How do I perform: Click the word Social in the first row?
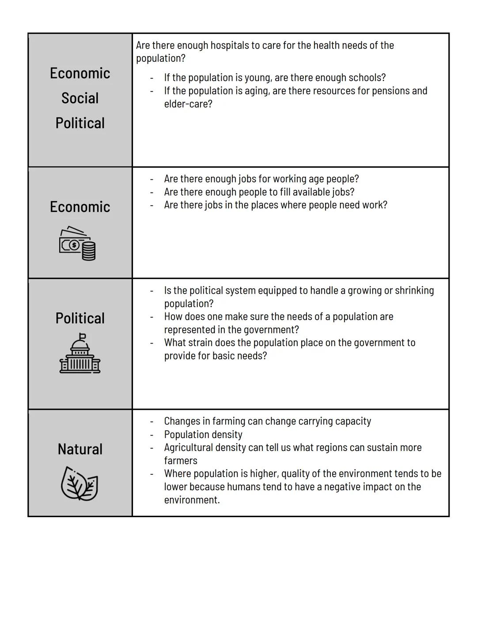(x=80, y=98)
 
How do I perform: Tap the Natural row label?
(x=80, y=449)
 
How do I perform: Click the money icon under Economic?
(x=77, y=243)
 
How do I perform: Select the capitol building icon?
(x=80, y=353)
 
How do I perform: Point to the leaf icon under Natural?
(x=79, y=484)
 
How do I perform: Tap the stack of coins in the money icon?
(x=89, y=251)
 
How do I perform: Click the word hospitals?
(x=229, y=45)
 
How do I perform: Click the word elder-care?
(x=188, y=104)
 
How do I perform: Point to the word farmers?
(x=181, y=461)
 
